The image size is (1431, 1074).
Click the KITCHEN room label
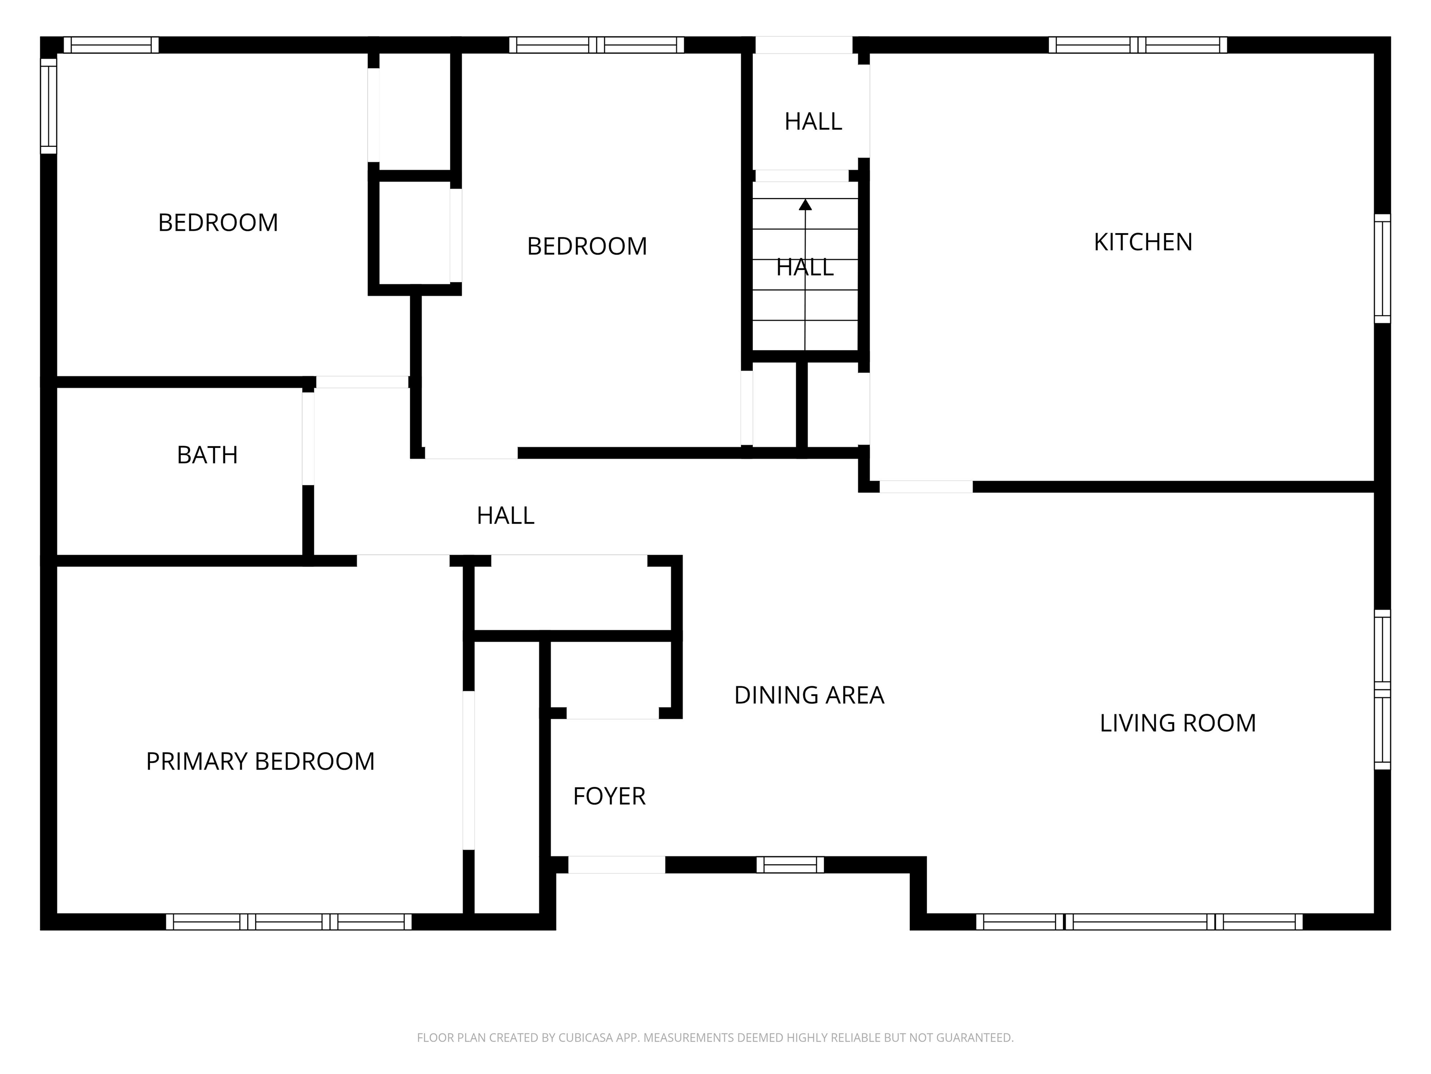coord(1143,242)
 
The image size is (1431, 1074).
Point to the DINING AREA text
coord(809,695)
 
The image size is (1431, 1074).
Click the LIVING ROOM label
coord(1178,723)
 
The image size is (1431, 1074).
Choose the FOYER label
coord(609,796)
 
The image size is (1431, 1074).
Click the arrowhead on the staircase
coord(805,205)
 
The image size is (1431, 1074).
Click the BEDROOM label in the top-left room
coord(218,223)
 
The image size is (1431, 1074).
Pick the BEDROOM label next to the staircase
coord(587,246)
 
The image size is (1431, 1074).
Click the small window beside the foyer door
coord(790,864)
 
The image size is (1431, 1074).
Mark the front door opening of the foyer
coord(617,864)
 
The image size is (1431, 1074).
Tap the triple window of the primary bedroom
coord(288,922)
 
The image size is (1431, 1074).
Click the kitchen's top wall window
coord(1137,45)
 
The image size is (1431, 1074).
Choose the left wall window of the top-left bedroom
coord(48,106)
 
